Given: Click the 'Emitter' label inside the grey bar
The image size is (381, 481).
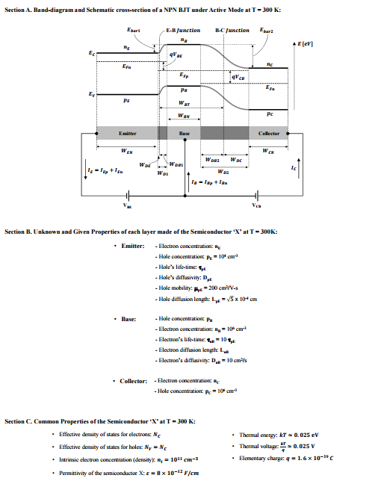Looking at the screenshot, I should pos(128,133).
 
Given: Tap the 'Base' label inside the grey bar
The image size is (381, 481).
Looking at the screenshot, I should pos(185,133).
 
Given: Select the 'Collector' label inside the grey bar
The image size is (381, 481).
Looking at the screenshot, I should pos(269,133).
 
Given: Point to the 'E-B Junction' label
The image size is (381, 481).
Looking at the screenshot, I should pos(183,31).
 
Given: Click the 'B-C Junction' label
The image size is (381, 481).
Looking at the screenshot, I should pos(232,31).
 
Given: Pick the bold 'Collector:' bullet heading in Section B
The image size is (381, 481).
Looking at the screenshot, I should pos(134,381).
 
